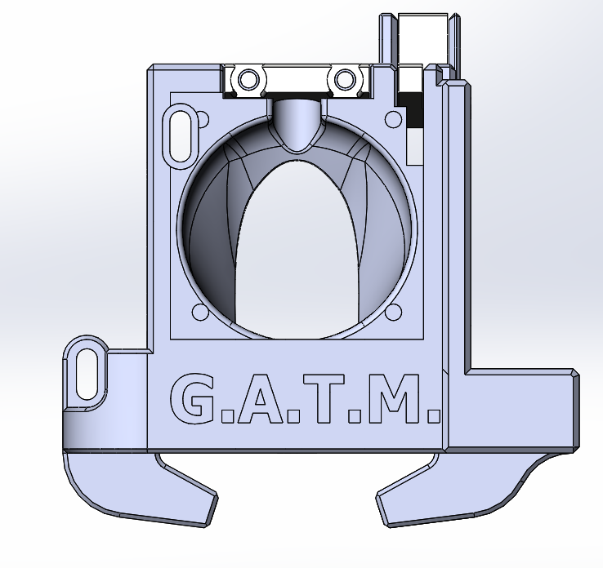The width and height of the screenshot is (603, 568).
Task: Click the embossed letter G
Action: point(192,398)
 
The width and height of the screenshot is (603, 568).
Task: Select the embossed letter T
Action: point(324,398)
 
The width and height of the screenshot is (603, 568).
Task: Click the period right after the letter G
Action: point(226,415)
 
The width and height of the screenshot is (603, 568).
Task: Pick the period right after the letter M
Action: point(433,415)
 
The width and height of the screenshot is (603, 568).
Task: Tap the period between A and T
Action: point(293,415)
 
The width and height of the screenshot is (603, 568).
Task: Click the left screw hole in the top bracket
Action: point(248,79)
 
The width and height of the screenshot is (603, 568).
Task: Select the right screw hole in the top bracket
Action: point(345,79)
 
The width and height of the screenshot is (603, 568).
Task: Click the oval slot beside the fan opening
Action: point(181,136)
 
